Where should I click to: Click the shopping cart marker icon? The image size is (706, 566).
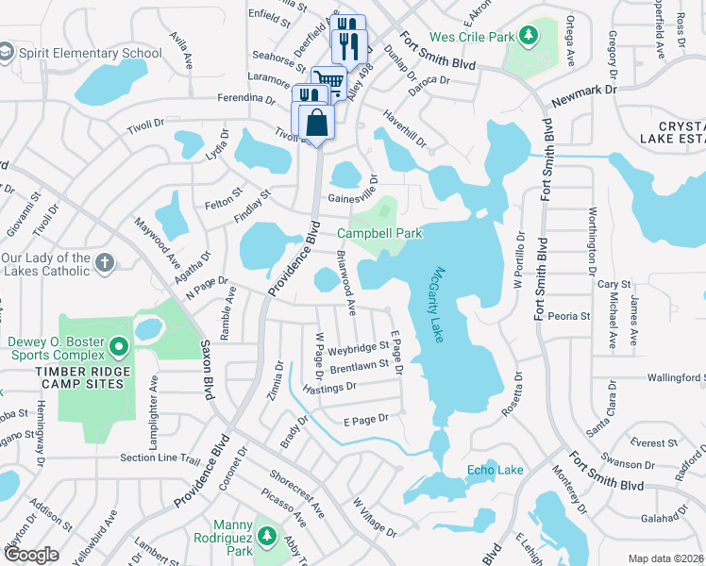tap(328, 80)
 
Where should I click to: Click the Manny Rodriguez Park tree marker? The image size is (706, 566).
tap(267, 536)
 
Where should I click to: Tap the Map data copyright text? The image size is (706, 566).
tap(665, 558)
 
